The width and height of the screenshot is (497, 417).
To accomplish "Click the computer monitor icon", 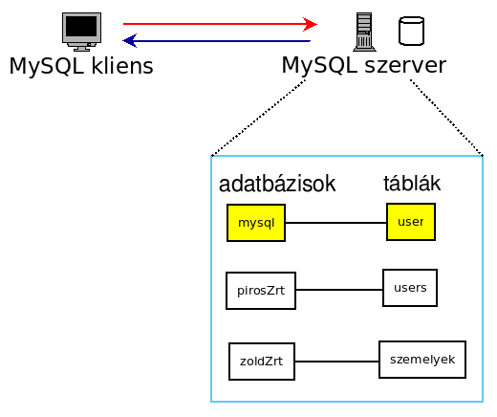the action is click(81, 32).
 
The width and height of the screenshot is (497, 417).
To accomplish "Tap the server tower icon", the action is click(364, 32).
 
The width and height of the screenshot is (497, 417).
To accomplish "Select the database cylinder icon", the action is click(411, 31).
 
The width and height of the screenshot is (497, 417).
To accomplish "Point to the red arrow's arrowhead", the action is click(310, 24).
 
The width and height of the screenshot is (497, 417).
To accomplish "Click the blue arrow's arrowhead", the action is click(130, 40).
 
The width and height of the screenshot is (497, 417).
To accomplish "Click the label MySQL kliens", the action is click(81, 66).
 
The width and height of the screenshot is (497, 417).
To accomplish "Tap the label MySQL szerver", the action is click(364, 66).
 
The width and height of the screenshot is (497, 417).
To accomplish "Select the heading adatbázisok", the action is click(277, 184).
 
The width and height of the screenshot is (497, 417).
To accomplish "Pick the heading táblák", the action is click(412, 183).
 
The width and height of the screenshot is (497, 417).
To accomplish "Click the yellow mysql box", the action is click(256, 223).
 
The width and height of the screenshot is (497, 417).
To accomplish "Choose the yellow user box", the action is click(411, 222).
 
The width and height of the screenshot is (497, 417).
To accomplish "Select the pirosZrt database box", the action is click(261, 291).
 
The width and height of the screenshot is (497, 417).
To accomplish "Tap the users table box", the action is click(410, 288).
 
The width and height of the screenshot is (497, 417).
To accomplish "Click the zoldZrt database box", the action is click(262, 362).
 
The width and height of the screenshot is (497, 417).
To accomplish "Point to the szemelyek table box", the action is click(422, 360).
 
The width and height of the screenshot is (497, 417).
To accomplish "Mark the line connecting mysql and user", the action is click(335, 223).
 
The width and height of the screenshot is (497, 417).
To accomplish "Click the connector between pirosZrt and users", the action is click(339, 290).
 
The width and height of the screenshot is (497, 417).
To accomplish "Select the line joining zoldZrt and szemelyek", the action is click(336, 362).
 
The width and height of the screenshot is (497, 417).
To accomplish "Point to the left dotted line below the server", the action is click(258, 118).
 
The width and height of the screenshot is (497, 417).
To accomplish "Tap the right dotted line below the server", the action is click(446, 118).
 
